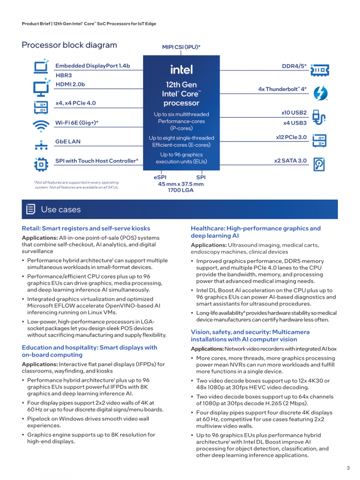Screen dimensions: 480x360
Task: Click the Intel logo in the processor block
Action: (x=182, y=69)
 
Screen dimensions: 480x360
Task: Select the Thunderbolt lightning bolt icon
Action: (x=320, y=93)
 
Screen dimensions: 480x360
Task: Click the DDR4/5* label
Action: (x=294, y=66)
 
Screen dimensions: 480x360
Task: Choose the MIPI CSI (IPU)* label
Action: (x=181, y=47)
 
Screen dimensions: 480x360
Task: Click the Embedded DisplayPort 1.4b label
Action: (x=93, y=66)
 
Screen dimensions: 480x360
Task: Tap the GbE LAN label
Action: (x=68, y=141)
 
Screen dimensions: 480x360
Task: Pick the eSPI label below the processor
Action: (x=160, y=177)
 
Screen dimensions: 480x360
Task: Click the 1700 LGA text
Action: (x=181, y=190)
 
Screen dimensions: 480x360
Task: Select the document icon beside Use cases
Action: (x=31, y=209)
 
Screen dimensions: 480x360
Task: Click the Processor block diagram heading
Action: (x=69, y=45)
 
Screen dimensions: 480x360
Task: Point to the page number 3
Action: (x=348, y=468)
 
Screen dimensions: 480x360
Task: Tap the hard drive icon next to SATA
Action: (x=319, y=164)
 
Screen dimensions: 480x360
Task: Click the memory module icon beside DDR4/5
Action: (x=319, y=69)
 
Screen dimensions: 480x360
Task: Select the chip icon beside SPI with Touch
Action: (x=41, y=164)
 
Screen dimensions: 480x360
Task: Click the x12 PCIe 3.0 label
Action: (x=291, y=137)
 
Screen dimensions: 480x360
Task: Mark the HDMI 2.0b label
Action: (x=70, y=84)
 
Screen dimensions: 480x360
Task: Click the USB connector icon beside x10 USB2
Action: (x=319, y=118)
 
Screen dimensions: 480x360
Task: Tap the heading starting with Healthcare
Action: (x=256, y=232)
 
